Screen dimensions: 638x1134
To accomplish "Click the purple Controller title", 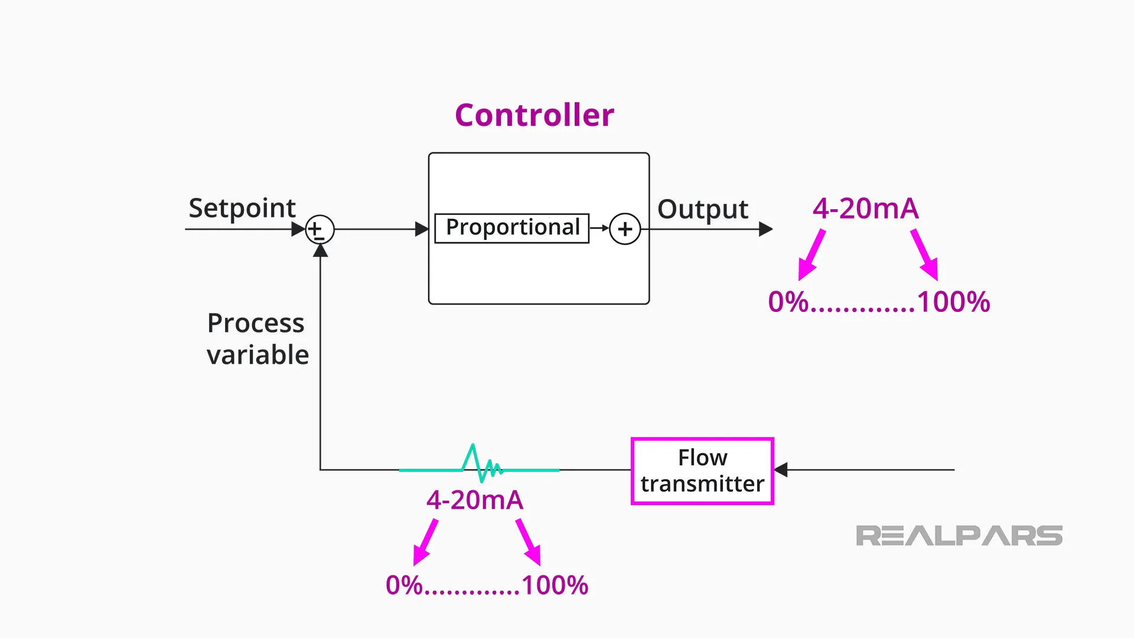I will coord(534,115).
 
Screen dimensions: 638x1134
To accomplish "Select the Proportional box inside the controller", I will coord(511,228).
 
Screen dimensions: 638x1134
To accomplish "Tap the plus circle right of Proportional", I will coord(625,229).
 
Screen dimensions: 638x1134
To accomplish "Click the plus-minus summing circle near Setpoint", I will coord(320,229).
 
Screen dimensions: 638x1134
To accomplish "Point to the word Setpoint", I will coord(242,208).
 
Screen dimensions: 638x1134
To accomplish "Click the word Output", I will coord(702,209).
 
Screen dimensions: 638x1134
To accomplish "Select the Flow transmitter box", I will coord(702,471).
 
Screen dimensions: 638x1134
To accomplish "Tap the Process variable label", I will coord(257,339).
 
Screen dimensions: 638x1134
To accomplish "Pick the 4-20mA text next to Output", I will coord(865,209).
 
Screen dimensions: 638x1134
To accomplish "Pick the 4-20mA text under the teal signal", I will coord(475,500).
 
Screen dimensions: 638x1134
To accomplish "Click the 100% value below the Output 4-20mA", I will coord(953,302).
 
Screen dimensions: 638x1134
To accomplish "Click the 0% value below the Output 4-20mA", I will coord(788,302).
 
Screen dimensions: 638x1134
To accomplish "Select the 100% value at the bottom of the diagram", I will coord(555,585).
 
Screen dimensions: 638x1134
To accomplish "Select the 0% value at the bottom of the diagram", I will coord(404,585).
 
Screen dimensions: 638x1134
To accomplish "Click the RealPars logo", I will coord(959,536).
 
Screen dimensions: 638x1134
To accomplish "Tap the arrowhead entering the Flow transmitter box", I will coord(781,470).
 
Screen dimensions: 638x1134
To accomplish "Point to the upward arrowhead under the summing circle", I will coord(320,251).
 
